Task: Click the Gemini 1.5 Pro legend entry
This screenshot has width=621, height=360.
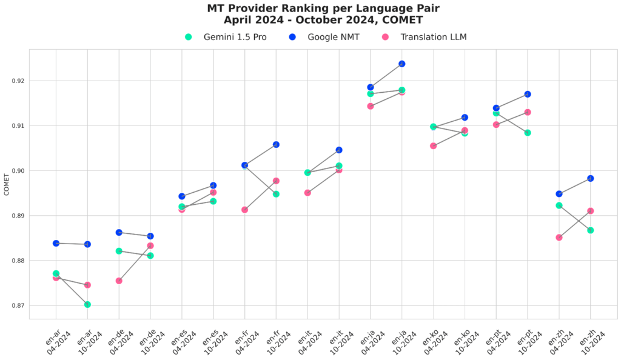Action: [226, 37]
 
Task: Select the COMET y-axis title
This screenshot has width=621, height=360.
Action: [7, 184]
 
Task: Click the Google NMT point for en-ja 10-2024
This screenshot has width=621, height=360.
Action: [401, 64]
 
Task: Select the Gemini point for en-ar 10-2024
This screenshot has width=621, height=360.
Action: [87, 304]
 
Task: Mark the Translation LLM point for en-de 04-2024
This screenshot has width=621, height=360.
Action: [119, 281]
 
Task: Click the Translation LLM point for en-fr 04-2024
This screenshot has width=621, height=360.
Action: [244, 210]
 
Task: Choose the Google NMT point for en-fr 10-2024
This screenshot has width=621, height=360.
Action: [276, 144]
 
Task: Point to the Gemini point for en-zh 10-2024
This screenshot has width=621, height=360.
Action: [590, 230]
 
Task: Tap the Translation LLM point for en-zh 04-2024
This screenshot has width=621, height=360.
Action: [559, 238]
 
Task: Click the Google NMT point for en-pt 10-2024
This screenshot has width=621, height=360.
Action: [528, 94]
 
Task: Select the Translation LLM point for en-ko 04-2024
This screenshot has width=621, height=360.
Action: [433, 145]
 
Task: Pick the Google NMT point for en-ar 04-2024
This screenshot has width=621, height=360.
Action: [56, 243]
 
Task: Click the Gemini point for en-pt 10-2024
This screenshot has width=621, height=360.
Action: [528, 133]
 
